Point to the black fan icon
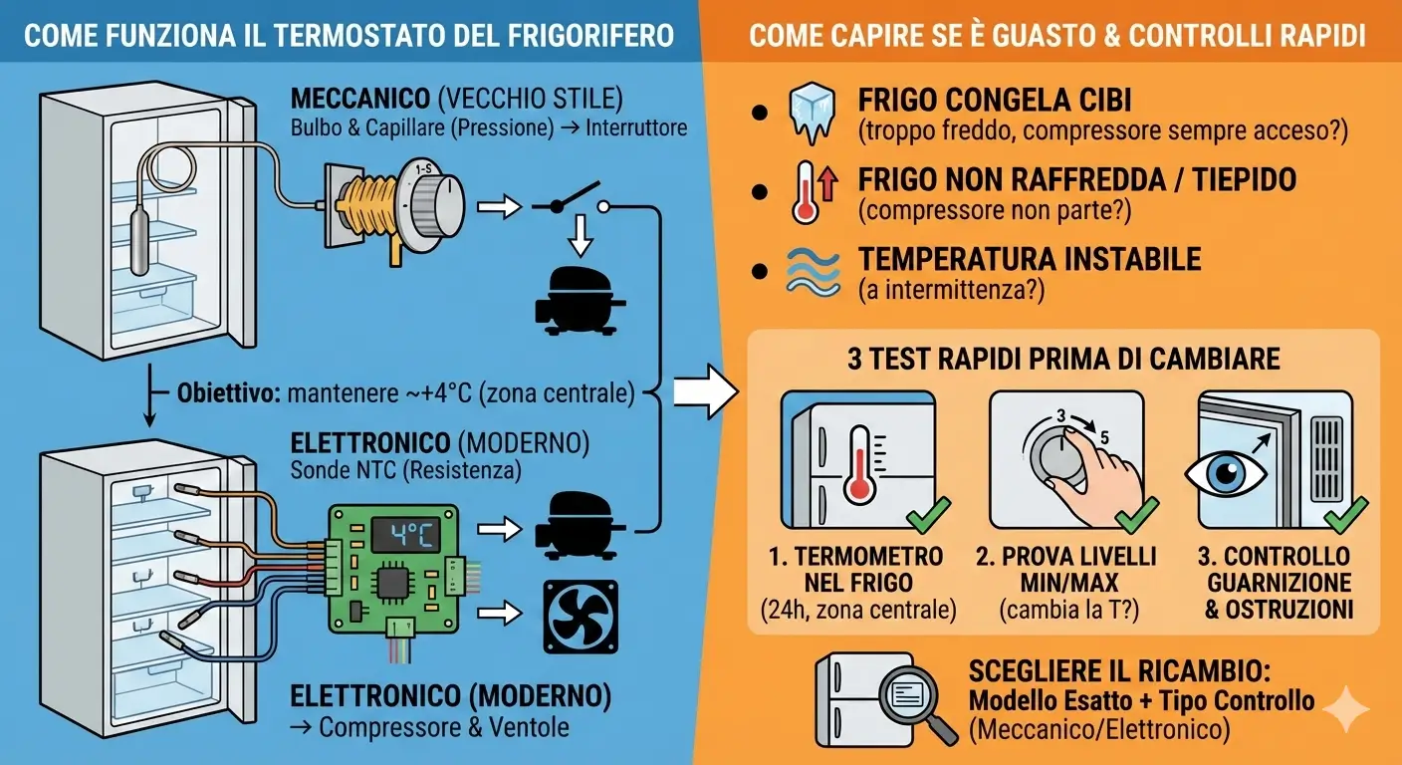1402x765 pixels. click(580, 617)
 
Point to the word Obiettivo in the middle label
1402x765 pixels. click(227, 392)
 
